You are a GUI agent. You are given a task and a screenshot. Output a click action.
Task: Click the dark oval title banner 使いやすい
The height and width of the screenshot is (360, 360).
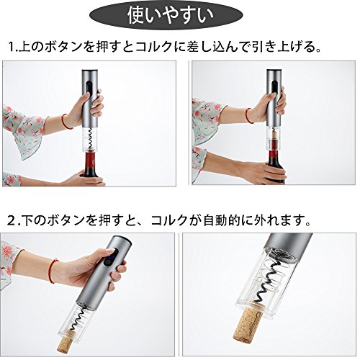tap(166, 15)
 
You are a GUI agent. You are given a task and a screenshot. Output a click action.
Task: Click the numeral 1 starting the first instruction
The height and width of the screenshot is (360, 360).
tap(11, 47)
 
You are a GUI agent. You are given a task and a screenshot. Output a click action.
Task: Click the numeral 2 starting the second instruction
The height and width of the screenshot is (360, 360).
tap(12, 220)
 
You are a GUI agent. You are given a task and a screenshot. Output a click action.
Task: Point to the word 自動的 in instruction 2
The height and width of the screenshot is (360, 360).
tap(222, 220)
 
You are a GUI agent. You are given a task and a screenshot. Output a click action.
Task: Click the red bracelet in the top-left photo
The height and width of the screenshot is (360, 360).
tap(66, 122)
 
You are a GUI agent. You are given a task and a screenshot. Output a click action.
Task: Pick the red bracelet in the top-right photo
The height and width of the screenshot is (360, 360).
tap(249, 115)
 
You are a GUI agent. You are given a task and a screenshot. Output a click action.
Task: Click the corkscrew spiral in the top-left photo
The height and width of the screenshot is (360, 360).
tap(90, 139)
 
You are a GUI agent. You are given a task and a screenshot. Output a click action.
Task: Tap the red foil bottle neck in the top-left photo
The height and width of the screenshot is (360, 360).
tap(91, 160)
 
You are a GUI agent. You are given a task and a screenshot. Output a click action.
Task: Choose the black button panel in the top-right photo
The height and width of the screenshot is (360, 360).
tap(274, 88)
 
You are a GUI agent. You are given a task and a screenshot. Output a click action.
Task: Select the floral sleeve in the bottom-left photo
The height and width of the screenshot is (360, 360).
tap(9, 261)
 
